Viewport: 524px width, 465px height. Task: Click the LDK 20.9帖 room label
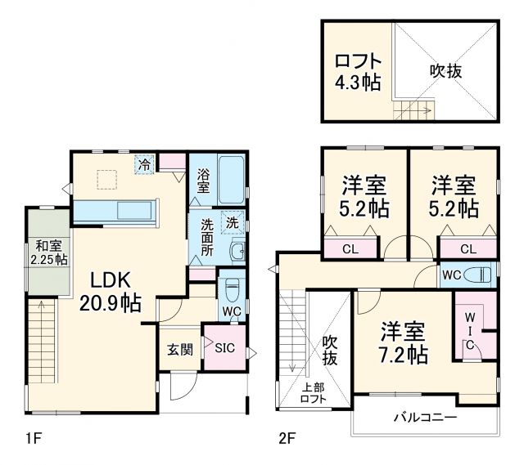(110, 291)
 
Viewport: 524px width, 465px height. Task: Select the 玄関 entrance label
(180, 349)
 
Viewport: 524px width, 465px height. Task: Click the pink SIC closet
(224, 348)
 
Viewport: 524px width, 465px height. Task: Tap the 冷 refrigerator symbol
(145, 164)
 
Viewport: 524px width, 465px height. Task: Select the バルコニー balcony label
(425, 418)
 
